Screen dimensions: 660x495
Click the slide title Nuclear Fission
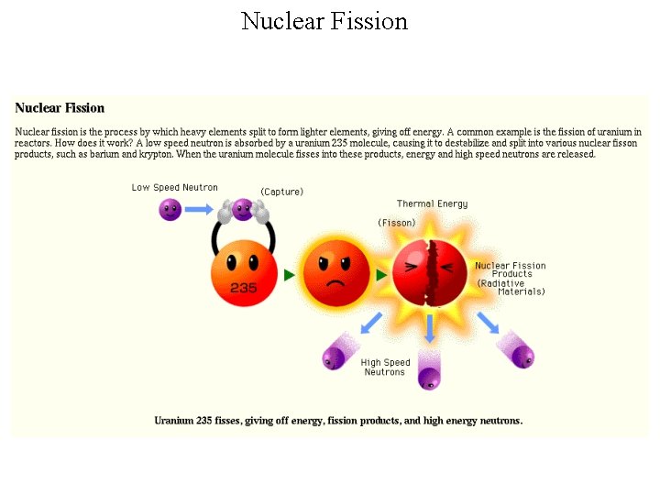click(324, 21)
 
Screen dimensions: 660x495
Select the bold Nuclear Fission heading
click(60, 108)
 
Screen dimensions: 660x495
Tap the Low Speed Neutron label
click(174, 188)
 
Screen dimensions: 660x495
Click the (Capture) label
click(281, 192)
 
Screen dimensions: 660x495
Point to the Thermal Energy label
click(432, 203)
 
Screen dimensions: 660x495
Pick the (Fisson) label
click(397, 223)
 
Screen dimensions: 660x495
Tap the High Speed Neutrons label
click(385, 368)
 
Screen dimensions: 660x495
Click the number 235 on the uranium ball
click(243, 288)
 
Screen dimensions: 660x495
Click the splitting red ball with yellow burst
click(429, 272)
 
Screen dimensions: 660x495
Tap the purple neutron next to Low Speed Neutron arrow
click(170, 210)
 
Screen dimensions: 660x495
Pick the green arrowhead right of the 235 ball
click(290, 275)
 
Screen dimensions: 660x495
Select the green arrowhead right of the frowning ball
click(381, 275)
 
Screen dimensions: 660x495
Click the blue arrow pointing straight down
click(429, 328)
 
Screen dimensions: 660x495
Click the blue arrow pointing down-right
click(489, 323)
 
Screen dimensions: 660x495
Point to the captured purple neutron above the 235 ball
click(243, 210)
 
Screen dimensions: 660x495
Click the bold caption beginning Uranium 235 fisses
click(338, 421)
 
